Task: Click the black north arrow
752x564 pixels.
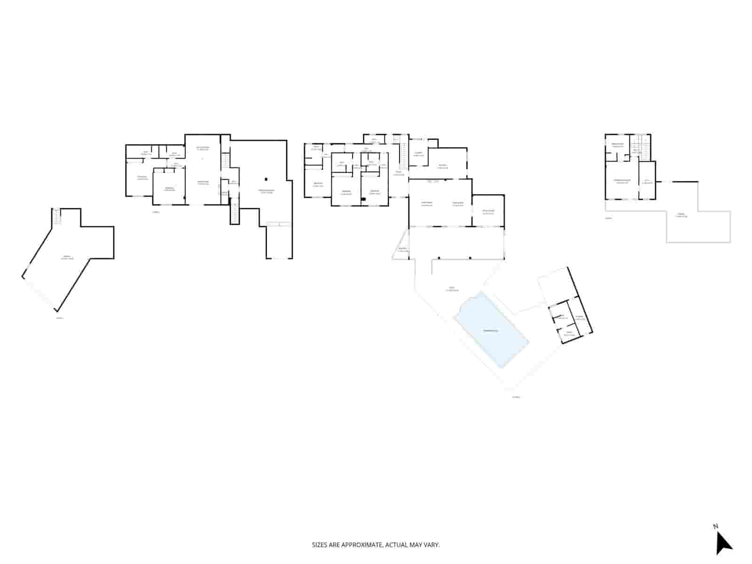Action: (x=723, y=543)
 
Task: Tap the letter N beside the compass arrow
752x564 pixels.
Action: (x=715, y=526)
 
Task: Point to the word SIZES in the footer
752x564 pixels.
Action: (x=320, y=545)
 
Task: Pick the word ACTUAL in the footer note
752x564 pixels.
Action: (x=397, y=545)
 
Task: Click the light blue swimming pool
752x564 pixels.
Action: (x=491, y=329)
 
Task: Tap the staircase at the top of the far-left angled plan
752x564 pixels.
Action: (x=56, y=217)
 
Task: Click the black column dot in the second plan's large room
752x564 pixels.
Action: (x=266, y=179)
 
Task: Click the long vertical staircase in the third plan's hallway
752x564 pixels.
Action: (x=403, y=155)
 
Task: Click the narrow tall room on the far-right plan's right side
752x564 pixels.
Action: (x=647, y=180)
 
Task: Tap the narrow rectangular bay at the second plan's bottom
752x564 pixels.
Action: (x=279, y=242)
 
